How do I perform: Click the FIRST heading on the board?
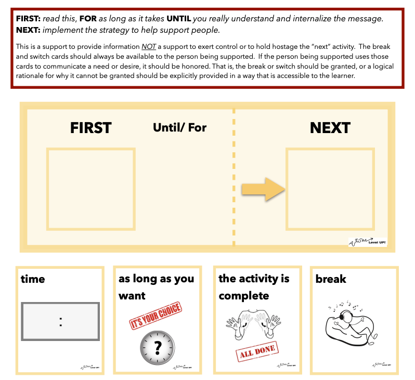(x=91, y=128)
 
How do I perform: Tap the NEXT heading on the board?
(x=330, y=128)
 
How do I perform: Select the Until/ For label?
(x=179, y=127)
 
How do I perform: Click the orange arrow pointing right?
(x=263, y=189)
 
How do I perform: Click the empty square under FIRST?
(x=91, y=189)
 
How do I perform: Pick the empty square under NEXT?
(x=330, y=189)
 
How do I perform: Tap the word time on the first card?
(x=33, y=279)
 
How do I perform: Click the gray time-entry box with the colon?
(x=60, y=322)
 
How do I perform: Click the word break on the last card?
(x=331, y=279)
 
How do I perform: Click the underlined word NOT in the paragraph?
(x=149, y=46)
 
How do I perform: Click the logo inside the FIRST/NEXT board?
(x=367, y=241)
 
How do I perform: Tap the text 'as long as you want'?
(x=156, y=287)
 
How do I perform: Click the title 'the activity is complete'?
(x=254, y=286)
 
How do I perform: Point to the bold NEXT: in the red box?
(x=32, y=30)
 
